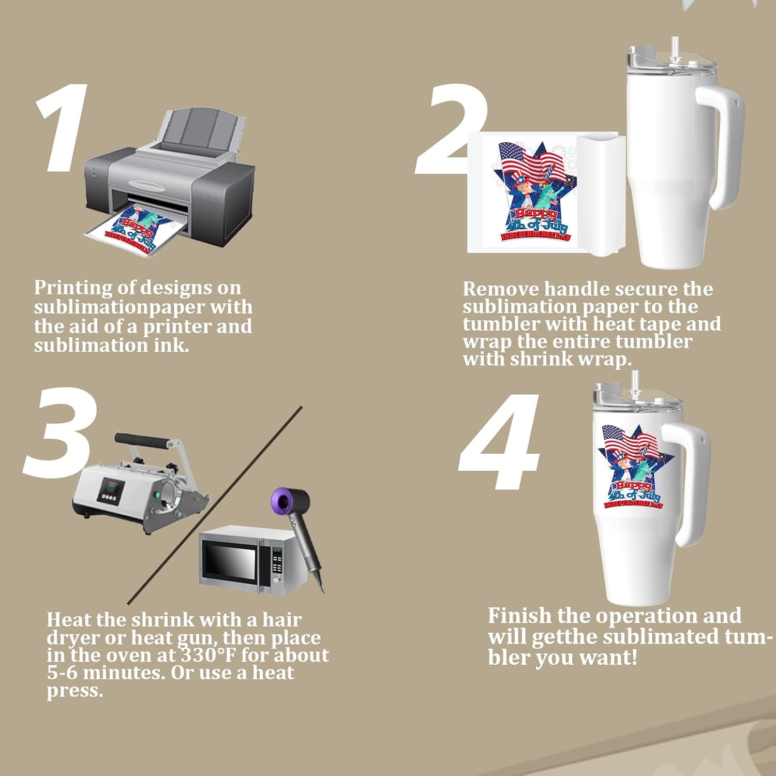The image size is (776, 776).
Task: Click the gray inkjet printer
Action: [171, 181]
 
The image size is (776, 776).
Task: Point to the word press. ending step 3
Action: [75, 691]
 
